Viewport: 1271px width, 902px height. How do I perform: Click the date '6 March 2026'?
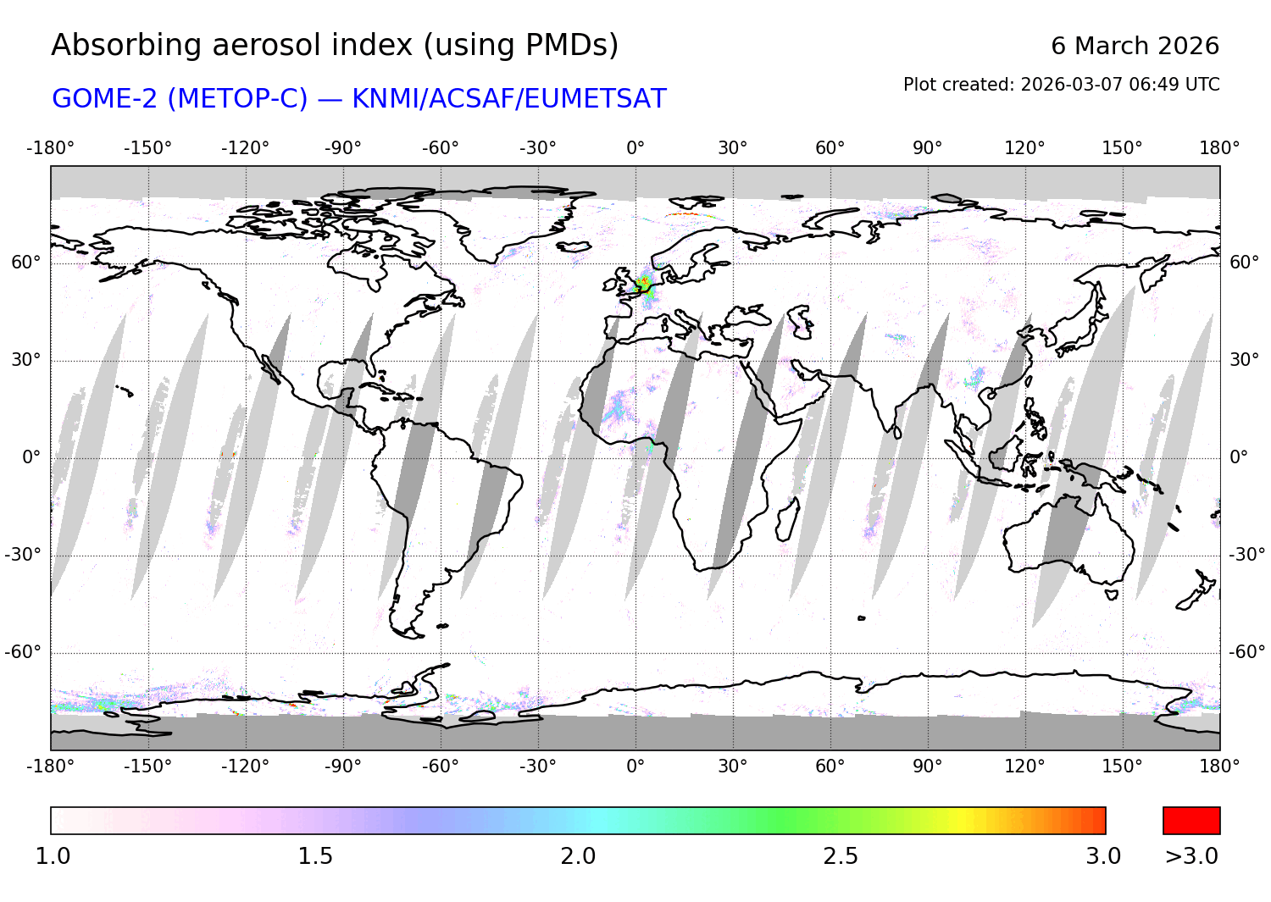(x=1135, y=46)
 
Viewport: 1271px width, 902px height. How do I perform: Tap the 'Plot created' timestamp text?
(x=1061, y=85)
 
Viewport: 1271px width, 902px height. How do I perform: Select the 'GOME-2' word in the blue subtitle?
(x=106, y=99)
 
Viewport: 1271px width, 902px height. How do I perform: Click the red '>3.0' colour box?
(x=1191, y=821)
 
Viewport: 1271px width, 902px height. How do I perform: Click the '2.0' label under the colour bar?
(x=578, y=856)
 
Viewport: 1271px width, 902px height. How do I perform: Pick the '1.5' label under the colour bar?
(x=315, y=856)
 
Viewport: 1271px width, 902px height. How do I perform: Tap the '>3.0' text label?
(x=1191, y=856)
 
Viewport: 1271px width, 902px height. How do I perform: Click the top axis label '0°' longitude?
(x=635, y=148)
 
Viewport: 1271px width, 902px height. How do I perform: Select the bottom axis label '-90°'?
(x=342, y=766)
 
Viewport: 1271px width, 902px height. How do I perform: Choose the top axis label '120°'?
(x=1024, y=148)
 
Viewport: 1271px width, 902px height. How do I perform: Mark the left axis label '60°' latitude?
(x=25, y=263)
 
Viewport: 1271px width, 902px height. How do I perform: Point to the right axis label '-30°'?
(x=1246, y=555)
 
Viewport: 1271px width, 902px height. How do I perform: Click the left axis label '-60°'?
(x=23, y=652)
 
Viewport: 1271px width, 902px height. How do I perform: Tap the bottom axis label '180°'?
(x=1219, y=766)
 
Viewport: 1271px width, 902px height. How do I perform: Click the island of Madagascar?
(x=787, y=518)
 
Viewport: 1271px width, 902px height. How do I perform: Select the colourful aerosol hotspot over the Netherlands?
(x=644, y=284)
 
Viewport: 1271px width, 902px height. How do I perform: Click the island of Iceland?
(x=574, y=247)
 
